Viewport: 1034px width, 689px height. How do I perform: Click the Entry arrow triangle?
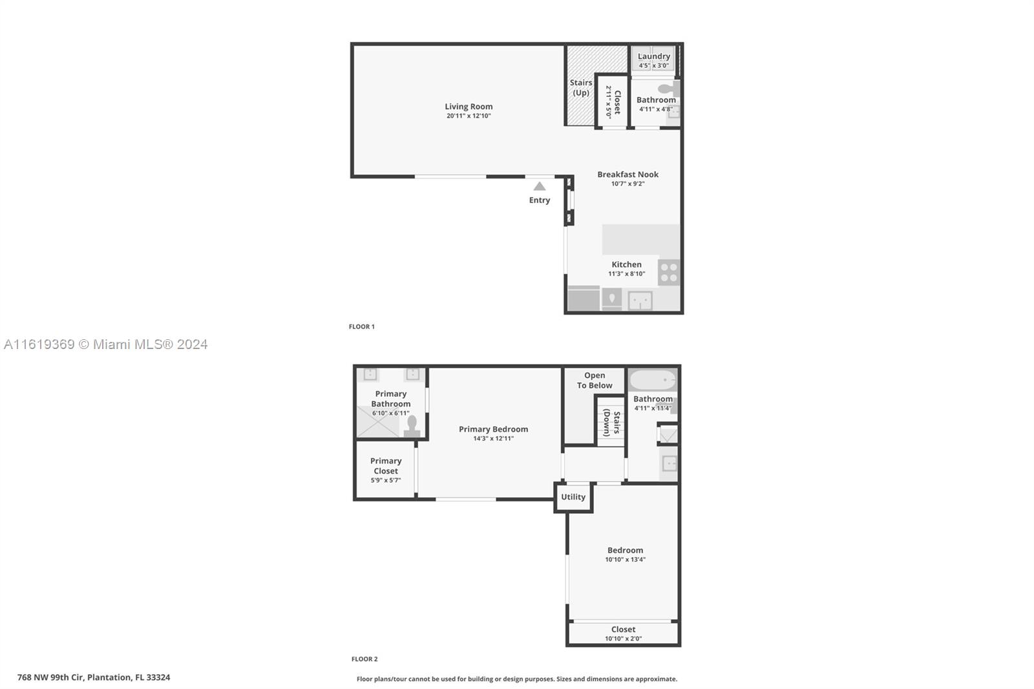point(540,186)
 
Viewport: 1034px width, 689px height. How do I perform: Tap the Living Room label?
point(469,106)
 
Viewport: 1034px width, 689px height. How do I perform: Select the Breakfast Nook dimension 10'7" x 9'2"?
point(628,184)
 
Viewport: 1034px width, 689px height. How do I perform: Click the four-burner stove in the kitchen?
point(669,273)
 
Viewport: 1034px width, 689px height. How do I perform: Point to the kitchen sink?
point(640,301)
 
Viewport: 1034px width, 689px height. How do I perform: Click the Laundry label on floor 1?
point(653,56)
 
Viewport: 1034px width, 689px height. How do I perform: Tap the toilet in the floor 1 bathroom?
point(669,88)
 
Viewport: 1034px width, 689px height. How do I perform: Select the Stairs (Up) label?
point(581,87)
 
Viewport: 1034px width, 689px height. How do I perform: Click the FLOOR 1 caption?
point(361,326)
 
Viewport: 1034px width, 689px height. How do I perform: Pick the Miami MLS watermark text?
point(106,344)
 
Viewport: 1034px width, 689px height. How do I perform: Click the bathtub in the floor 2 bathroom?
point(653,381)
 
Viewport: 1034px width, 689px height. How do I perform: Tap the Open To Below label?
point(595,381)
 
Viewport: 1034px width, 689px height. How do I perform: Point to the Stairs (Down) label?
point(611,423)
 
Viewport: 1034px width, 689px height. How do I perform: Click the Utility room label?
point(573,497)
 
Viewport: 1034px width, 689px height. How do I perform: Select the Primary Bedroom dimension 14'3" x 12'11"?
point(494,439)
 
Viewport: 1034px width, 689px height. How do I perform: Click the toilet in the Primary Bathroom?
point(412,426)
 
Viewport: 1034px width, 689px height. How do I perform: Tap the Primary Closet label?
point(386,466)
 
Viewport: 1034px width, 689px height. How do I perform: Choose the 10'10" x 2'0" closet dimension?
point(624,639)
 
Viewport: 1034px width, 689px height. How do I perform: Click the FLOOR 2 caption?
point(364,659)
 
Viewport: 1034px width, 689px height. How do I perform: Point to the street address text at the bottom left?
point(94,677)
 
